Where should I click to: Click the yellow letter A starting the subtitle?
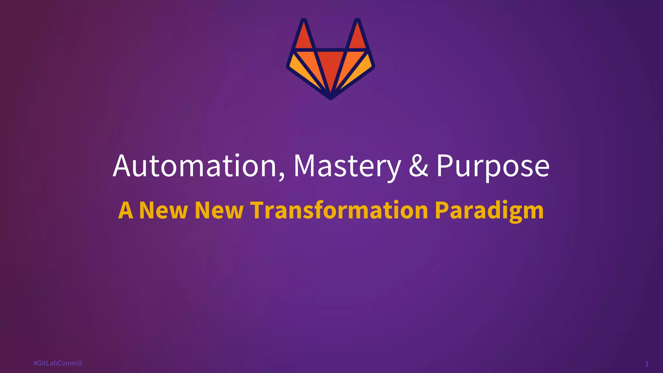126,210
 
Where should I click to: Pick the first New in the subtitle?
163,210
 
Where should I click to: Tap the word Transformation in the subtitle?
340,210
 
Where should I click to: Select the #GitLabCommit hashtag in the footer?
58,363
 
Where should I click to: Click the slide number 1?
647,364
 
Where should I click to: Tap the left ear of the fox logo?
303,37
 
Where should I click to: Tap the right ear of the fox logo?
357,37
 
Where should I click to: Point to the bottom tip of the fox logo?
331,97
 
